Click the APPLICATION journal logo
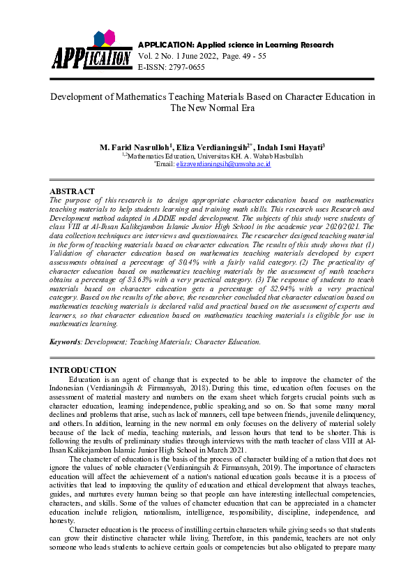point(91,50)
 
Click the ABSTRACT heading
point(72,191)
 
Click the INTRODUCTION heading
point(83,369)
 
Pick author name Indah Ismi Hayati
point(289,148)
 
